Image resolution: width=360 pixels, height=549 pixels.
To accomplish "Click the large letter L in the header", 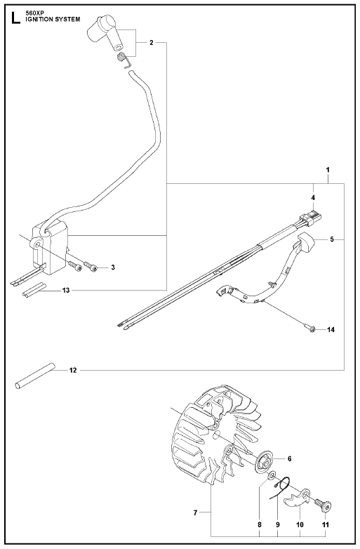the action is (x=15, y=18).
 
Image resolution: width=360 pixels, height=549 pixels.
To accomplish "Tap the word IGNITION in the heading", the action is (x=39, y=19).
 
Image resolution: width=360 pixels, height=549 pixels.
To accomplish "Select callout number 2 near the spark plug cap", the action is (x=151, y=43).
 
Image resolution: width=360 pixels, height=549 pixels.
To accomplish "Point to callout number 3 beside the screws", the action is (x=113, y=267).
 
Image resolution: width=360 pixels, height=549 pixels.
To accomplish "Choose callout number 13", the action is (x=66, y=290).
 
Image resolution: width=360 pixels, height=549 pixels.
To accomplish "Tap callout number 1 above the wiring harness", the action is (x=328, y=170).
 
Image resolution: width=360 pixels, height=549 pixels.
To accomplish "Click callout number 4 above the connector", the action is (x=313, y=198).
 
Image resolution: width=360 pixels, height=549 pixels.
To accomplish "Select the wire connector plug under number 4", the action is (x=312, y=218).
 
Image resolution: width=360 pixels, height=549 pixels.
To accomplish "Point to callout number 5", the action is (x=332, y=239).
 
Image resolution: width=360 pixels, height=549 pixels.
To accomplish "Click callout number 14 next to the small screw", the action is (x=331, y=329).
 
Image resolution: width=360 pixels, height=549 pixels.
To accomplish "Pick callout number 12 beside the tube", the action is (x=73, y=370).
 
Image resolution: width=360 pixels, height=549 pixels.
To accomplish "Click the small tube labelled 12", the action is (x=35, y=375).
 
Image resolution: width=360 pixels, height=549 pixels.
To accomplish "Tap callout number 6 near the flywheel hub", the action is (x=289, y=458).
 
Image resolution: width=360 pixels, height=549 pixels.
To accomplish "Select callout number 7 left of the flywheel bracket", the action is (x=195, y=513).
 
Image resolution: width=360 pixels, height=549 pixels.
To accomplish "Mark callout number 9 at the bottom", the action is (x=278, y=524).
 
